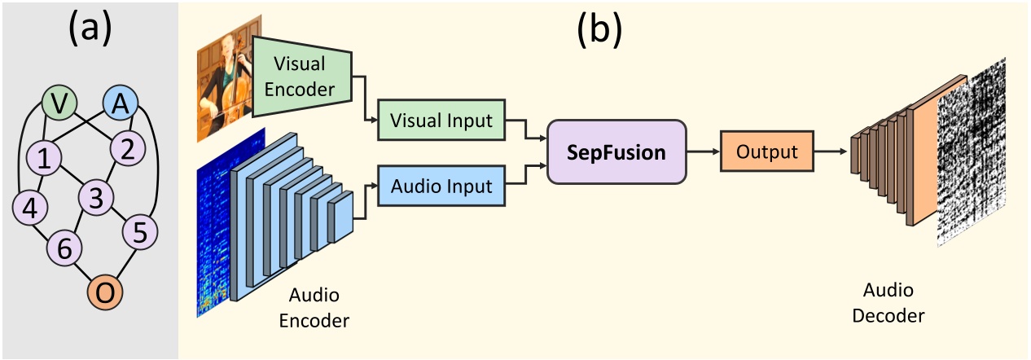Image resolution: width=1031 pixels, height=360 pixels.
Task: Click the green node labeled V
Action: coord(59,103)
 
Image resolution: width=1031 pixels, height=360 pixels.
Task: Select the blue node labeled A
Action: coord(121,103)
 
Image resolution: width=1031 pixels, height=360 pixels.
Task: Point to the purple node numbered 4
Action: coord(29,209)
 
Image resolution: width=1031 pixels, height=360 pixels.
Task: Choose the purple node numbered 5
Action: coord(139,232)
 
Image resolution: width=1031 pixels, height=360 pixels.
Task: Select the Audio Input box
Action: coord(441,187)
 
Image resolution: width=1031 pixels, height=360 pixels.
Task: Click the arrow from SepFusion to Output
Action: coord(702,151)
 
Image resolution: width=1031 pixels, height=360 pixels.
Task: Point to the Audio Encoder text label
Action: coord(314,306)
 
